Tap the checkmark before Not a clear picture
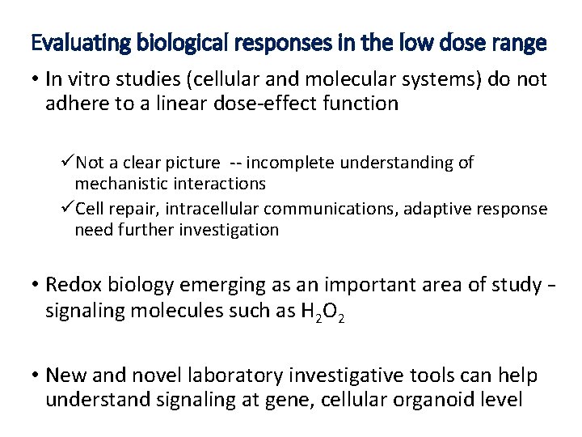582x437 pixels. pyautogui.click(x=67, y=163)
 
